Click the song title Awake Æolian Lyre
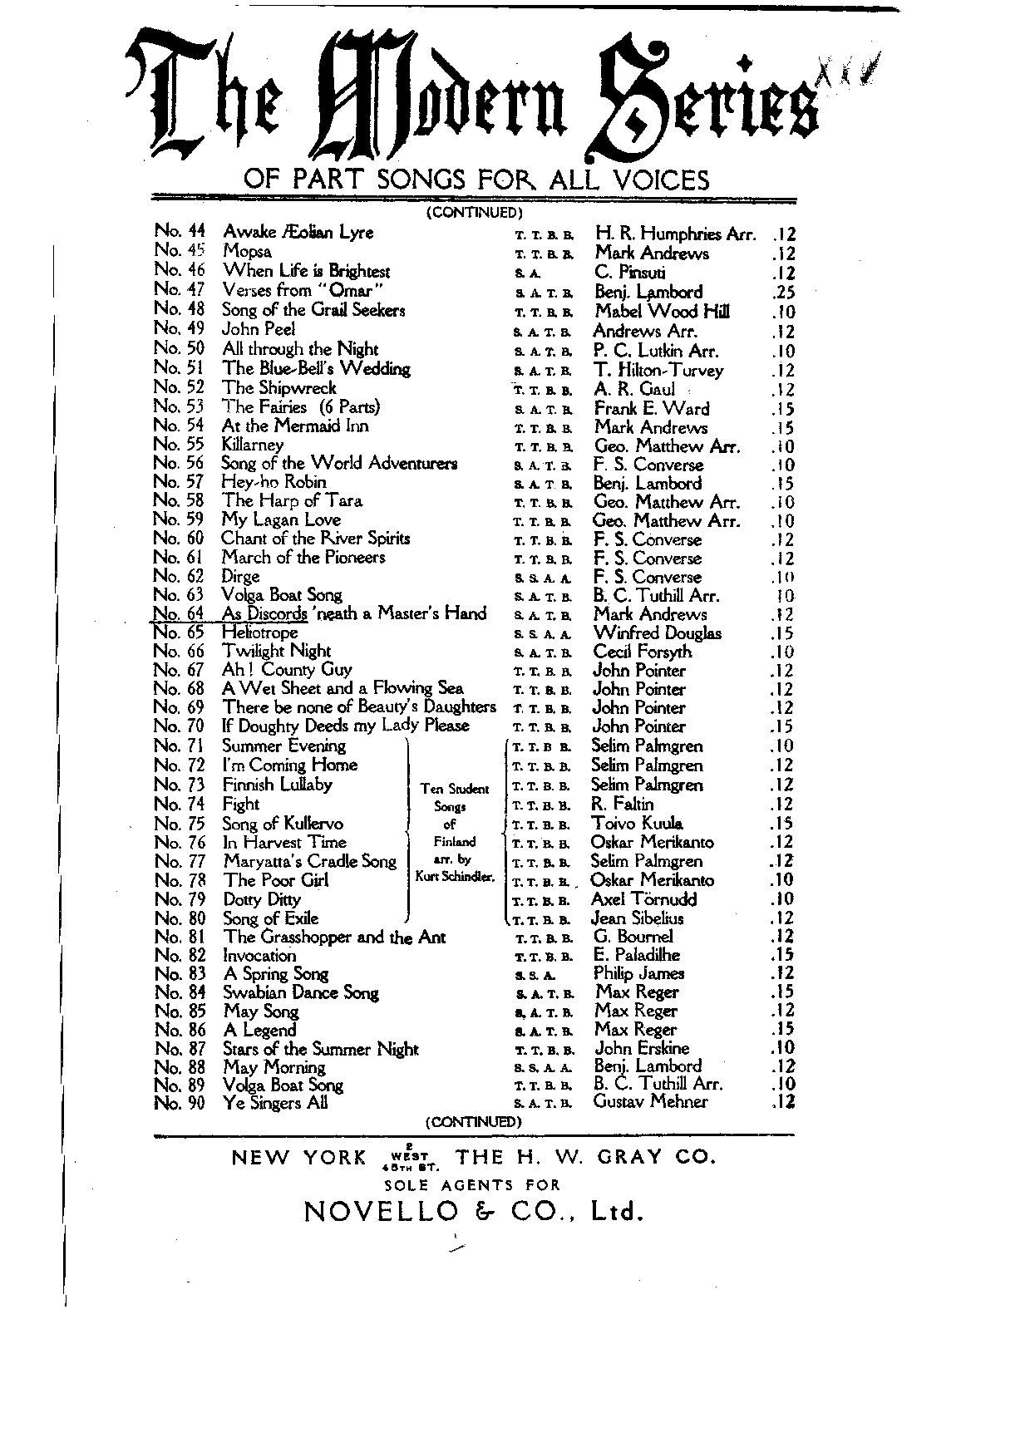click(x=298, y=233)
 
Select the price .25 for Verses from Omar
click(x=782, y=293)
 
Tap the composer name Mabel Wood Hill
click(x=662, y=312)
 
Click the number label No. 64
click(x=179, y=613)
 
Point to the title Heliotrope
click(x=259, y=632)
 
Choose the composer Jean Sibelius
click(x=637, y=918)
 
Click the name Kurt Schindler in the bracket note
click(x=455, y=878)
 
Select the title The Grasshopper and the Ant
click(x=334, y=938)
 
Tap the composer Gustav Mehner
click(x=650, y=1102)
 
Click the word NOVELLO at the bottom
click(x=382, y=1212)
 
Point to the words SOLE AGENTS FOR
click(x=472, y=1185)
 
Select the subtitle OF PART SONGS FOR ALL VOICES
click(x=476, y=179)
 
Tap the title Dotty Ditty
click(x=262, y=899)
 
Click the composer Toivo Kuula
click(x=637, y=824)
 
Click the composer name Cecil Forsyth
click(x=642, y=652)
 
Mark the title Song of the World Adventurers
click(x=339, y=463)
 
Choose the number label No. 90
click(x=180, y=1103)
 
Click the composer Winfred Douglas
click(x=657, y=633)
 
